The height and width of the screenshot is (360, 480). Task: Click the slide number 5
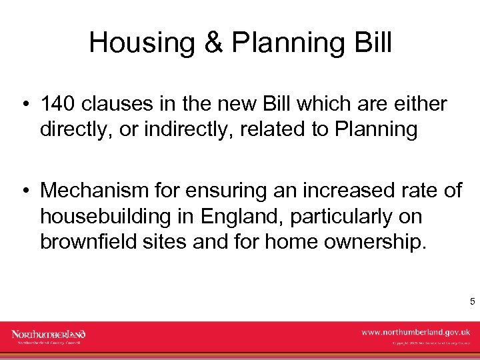coord(472,302)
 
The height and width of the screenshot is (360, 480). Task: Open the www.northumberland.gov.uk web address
coord(415,331)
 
